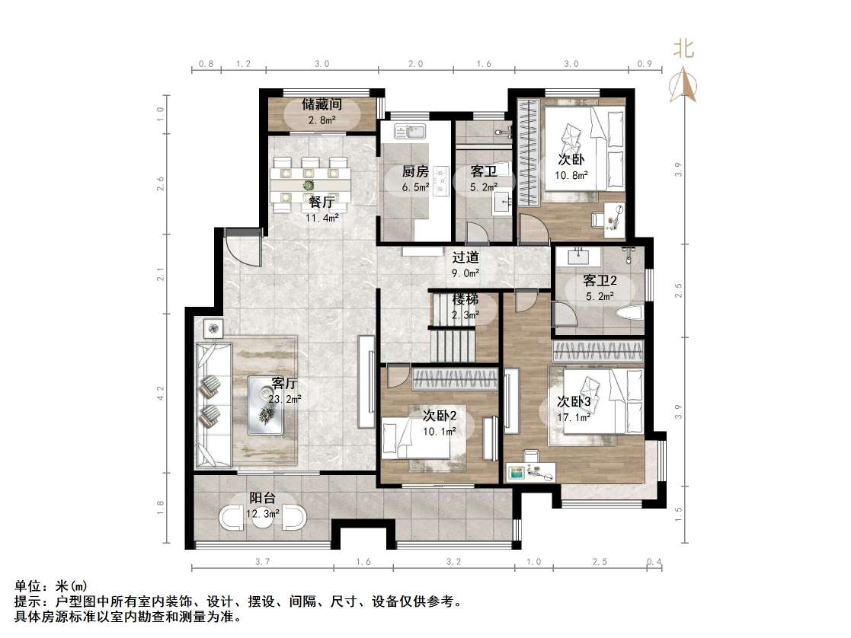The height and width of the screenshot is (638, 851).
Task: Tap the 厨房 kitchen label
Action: pos(414,171)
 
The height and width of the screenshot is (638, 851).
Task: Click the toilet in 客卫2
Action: pos(628,311)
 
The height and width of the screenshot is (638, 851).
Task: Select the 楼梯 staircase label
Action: pos(465,299)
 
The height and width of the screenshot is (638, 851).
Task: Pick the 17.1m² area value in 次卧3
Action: pos(573,417)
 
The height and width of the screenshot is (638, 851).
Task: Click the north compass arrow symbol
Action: pos(683,84)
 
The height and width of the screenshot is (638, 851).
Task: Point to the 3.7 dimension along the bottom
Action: pos(262,562)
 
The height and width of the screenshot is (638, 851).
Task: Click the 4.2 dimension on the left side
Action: pos(161,393)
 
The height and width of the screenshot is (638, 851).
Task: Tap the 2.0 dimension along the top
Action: pos(414,65)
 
